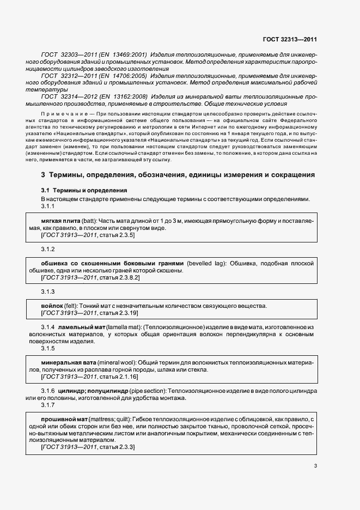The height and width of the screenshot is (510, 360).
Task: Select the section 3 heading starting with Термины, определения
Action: point(178,175)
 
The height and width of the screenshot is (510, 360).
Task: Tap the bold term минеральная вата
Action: point(69,362)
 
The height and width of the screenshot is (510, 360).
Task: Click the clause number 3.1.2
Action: point(48,249)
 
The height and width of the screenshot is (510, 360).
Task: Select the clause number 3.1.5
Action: point(48,348)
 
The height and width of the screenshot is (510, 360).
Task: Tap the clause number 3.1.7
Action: point(48,405)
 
